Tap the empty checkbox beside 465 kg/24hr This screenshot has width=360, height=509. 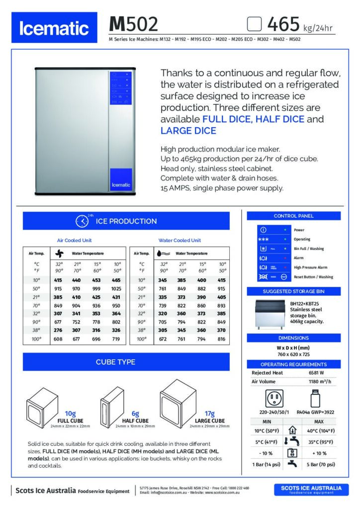tap(255, 23)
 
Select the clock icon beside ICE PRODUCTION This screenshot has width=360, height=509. tap(82, 221)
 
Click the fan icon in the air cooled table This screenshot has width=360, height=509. tap(59, 253)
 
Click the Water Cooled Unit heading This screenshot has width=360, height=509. tap(180, 240)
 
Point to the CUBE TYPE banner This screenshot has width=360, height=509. tap(126, 362)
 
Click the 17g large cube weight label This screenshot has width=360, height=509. tap(209, 414)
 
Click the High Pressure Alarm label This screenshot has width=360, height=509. tap(310, 267)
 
